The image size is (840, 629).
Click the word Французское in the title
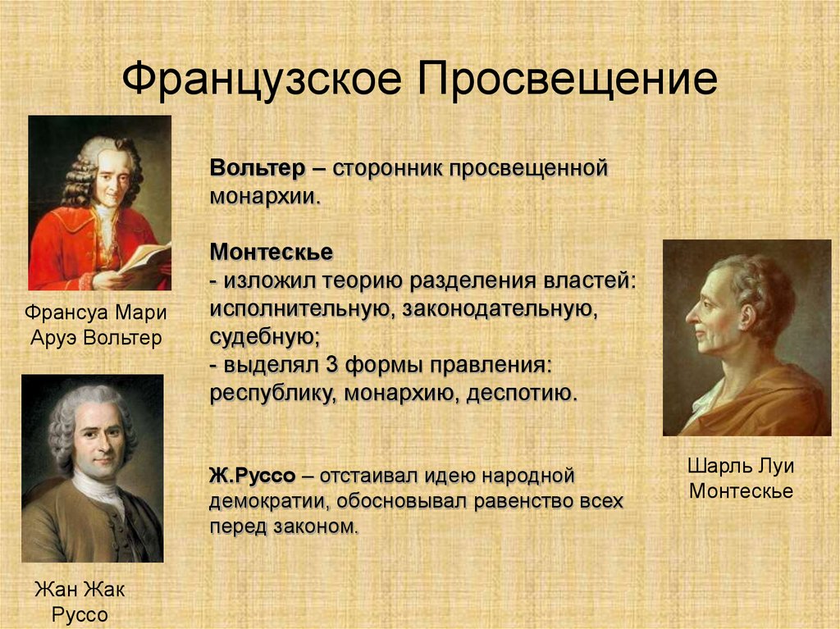[x=262, y=80]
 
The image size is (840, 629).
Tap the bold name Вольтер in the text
[x=257, y=167]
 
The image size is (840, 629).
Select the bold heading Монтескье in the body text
[x=271, y=252]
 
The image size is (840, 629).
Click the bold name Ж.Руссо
[x=253, y=475]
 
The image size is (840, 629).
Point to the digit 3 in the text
[x=332, y=365]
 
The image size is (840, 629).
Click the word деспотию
[x=523, y=394]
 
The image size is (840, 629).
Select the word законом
[x=316, y=526]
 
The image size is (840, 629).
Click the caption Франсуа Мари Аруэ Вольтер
[x=96, y=326]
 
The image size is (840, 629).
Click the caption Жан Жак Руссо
[x=80, y=602]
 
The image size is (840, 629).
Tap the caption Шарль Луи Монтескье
[x=741, y=478]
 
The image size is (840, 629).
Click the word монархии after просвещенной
[x=265, y=197]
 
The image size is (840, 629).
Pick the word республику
[x=272, y=394]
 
